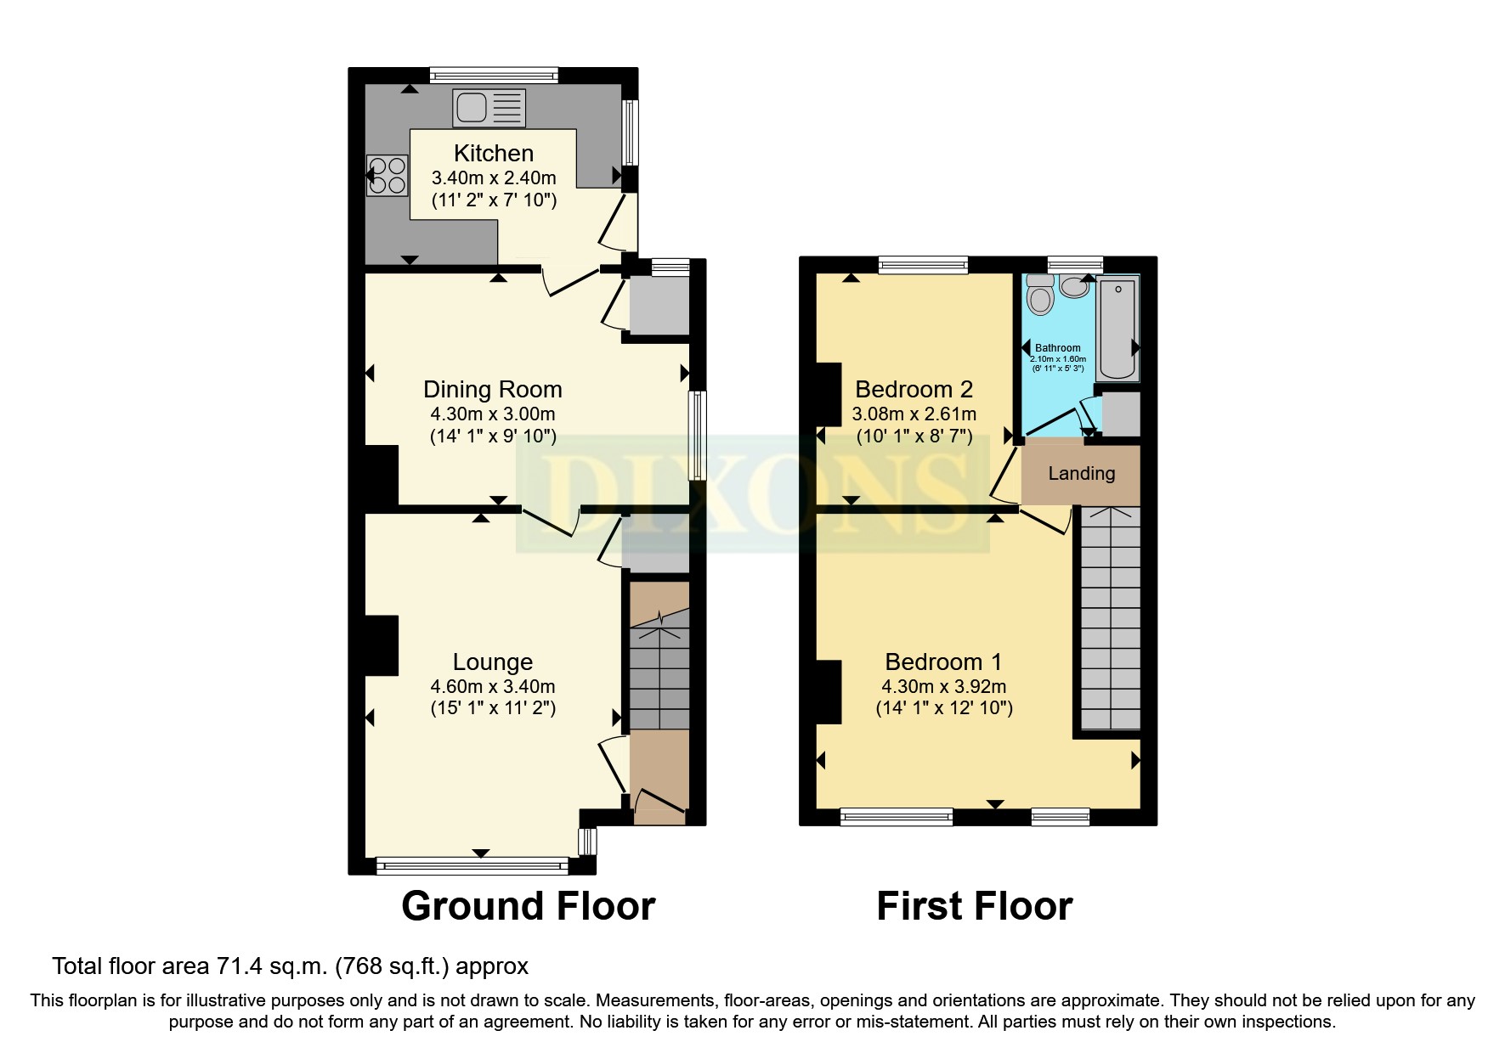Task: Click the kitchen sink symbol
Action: [489, 108]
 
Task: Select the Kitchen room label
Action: [494, 154]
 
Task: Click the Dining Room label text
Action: [493, 390]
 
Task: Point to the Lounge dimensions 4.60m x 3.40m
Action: [493, 686]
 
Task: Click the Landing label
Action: [1081, 474]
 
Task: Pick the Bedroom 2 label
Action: [914, 390]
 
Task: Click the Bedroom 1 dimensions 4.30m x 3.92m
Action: [944, 686]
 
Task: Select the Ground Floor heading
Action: [528, 906]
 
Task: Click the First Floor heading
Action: [974, 906]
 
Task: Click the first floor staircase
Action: [1111, 618]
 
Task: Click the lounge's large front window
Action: [472, 866]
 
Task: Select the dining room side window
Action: [697, 436]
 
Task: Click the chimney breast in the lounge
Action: [382, 645]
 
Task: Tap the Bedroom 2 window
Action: [923, 265]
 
